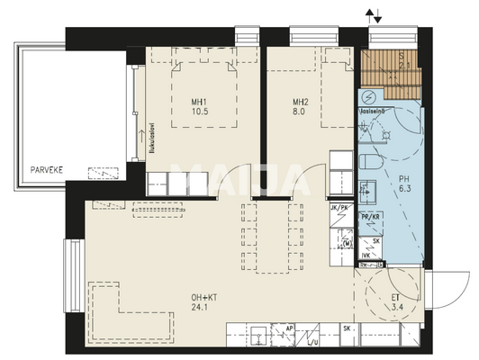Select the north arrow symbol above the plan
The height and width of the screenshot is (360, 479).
point(373,14)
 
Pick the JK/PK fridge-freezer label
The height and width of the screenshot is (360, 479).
point(339,207)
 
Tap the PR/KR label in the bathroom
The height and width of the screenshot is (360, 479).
point(369,217)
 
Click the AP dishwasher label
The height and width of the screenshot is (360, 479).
point(290,329)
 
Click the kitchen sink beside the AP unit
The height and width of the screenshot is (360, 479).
point(258,337)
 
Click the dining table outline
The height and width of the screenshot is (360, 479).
point(267,234)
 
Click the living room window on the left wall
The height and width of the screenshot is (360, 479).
point(68,261)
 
